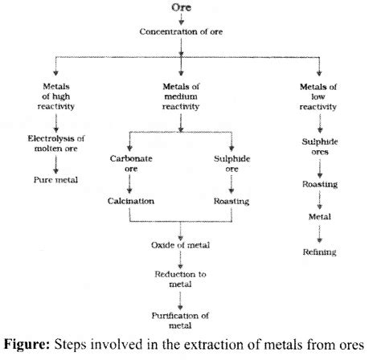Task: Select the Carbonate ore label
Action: point(129,162)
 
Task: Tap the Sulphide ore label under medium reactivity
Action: point(234,162)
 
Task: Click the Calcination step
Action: point(129,201)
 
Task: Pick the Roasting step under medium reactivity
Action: point(234,201)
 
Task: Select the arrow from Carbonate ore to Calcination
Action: point(129,184)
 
